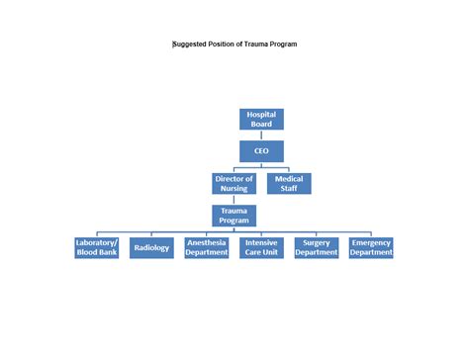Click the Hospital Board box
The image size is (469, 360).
(x=261, y=120)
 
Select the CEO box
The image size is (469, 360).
(x=261, y=151)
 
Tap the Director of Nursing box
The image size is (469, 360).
(x=234, y=184)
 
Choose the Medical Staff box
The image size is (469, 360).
(x=289, y=184)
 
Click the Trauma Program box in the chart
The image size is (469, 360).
(x=234, y=216)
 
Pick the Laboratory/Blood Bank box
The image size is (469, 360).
(x=97, y=247)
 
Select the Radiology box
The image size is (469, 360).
(x=151, y=247)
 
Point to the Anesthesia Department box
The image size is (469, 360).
(x=207, y=247)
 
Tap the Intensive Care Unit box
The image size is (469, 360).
(x=261, y=247)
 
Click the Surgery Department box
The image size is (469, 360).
(x=317, y=247)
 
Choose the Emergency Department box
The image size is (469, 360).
(x=371, y=247)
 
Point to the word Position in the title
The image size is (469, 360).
(x=231, y=45)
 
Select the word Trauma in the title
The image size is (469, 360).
(x=262, y=45)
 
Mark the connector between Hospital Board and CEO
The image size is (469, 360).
(x=261, y=135)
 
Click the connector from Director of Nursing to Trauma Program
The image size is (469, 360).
(x=234, y=200)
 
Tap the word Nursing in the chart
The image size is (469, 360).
(x=234, y=189)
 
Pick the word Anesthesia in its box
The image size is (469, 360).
(x=207, y=242)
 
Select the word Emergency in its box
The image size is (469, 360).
(x=371, y=242)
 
